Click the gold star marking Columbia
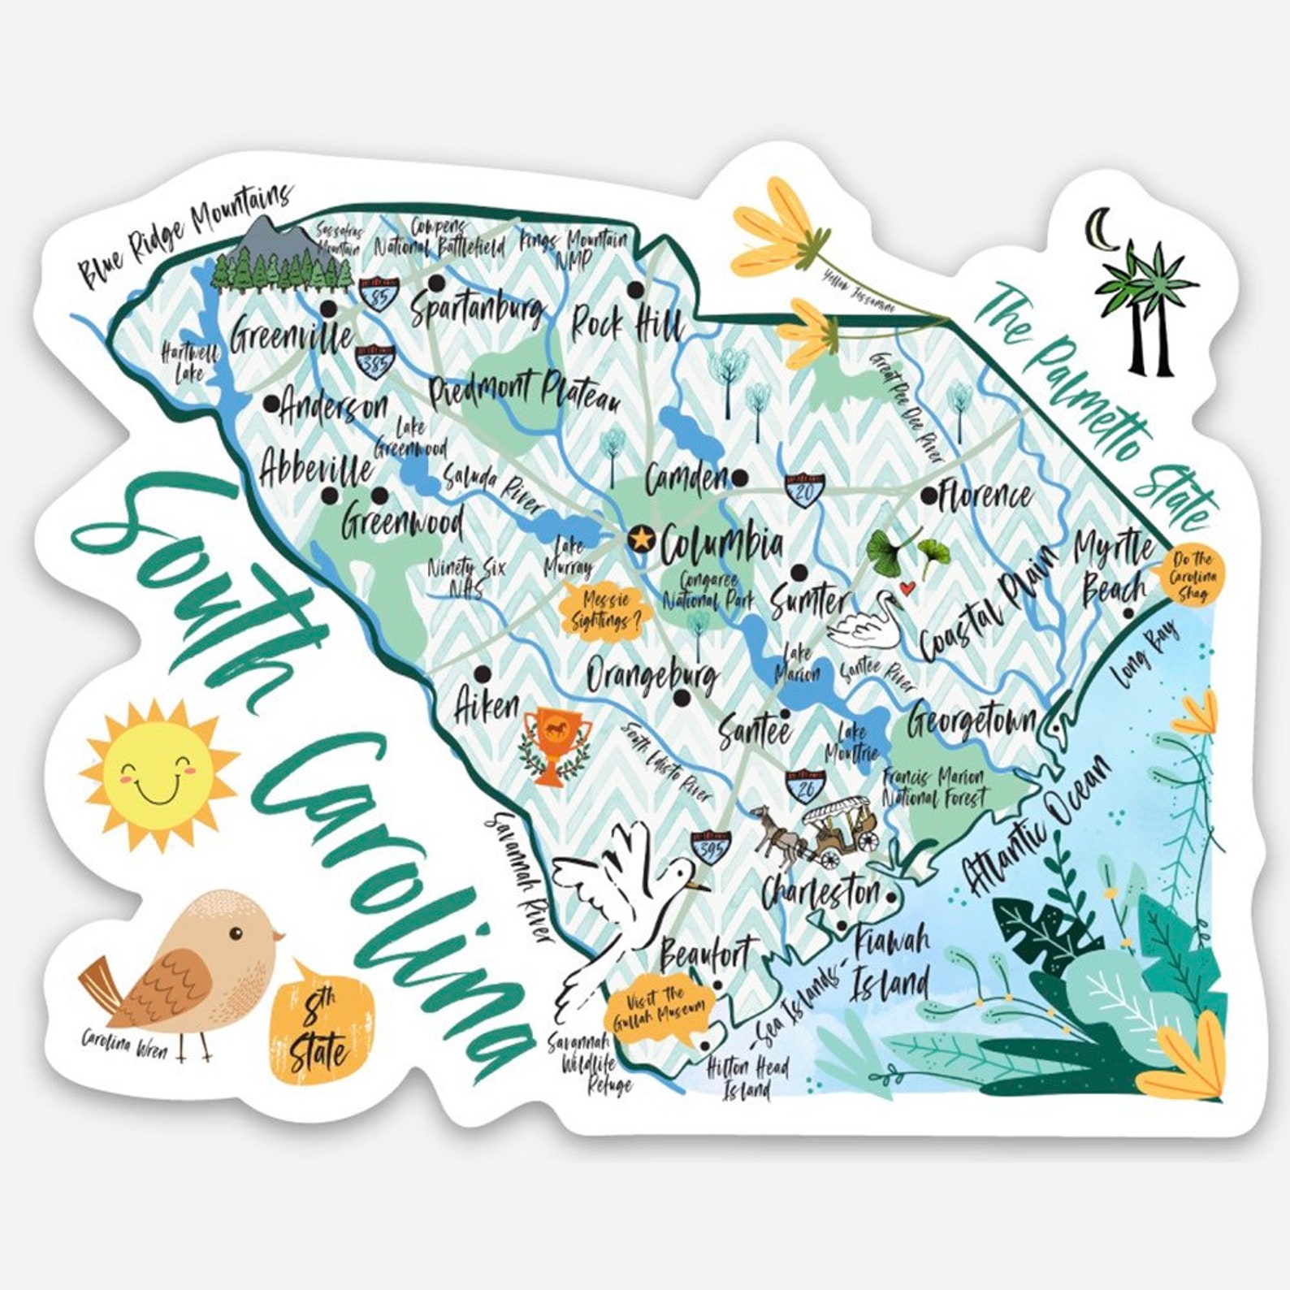point(641,537)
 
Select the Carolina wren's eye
point(235,933)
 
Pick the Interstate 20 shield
point(801,488)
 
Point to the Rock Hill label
point(626,325)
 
